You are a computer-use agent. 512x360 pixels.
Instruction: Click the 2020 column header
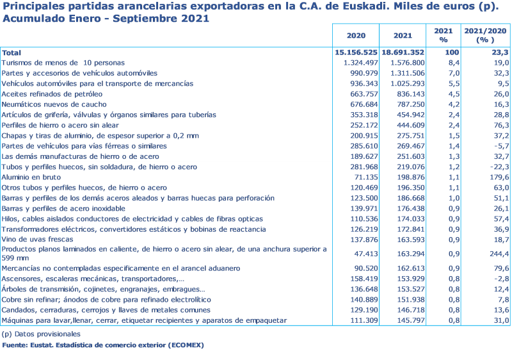click(355, 35)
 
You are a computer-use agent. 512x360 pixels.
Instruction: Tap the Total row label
click(11, 53)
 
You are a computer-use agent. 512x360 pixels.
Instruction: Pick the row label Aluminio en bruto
click(31, 177)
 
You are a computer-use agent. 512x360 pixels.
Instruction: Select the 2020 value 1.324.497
click(358, 63)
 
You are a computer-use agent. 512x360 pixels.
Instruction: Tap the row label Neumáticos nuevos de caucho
click(54, 104)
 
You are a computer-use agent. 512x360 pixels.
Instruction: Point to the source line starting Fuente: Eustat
click(102, 346)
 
